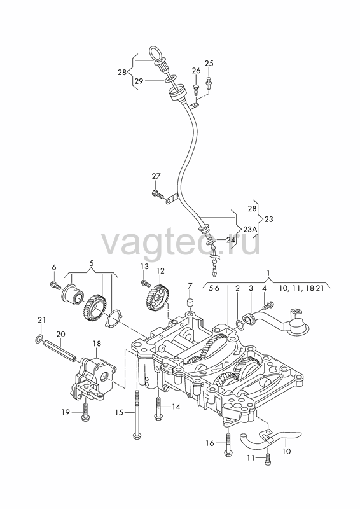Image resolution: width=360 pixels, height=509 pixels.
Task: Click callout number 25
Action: click(x=209, y=63)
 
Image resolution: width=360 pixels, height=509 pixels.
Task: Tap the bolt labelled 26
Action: click(x=196, y=89)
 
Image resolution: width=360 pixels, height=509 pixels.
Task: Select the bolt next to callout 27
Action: click(x=158, y=194)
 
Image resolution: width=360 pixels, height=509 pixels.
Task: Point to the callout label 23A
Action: click(x=250, y=230)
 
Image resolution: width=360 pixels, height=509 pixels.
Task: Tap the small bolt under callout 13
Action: click(x=145, y=283)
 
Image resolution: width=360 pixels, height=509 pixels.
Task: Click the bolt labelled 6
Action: click(x=55, y=285)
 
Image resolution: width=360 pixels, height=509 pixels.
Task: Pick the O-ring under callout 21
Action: click(x=38, y=339)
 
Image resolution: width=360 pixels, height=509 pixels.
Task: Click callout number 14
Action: click(x=176, y=406)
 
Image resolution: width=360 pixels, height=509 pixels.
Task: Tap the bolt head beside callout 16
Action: click(x=228, y=454)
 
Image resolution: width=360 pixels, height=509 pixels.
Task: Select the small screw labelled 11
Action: click(x=268, y=459)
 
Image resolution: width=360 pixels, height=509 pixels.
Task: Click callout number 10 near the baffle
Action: click(x=287, y=451)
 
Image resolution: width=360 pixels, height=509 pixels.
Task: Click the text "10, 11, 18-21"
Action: click(x=301, y=288)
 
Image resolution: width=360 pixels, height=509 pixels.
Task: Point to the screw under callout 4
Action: click(x=269, y=305)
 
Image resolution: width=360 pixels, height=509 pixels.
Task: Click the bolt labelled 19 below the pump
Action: click(x=86, y=410)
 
